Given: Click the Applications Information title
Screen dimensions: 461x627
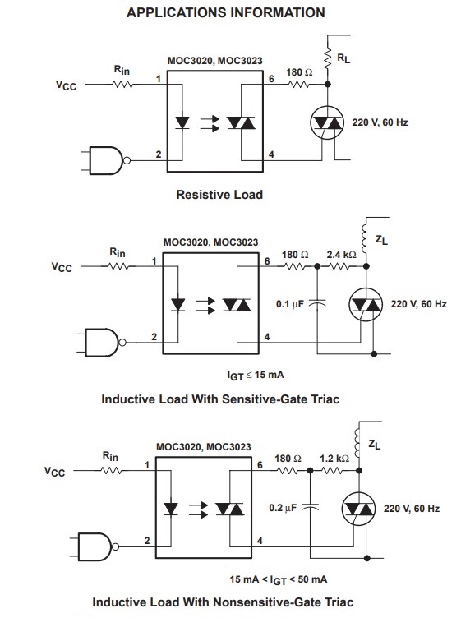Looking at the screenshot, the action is (225, 13).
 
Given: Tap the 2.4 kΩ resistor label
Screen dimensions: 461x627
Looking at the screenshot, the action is (341, 255).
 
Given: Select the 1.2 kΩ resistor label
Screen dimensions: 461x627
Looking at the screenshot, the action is (334, 459).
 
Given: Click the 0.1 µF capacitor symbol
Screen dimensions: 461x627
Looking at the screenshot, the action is (317, 305).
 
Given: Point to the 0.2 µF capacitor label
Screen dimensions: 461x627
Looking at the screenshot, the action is (283, 508).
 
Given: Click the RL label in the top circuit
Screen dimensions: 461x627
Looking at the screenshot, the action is (343, 58).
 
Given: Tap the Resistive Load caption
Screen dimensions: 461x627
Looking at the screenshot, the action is (219, 195).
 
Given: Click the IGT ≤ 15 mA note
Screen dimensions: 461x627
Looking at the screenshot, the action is (256, 375).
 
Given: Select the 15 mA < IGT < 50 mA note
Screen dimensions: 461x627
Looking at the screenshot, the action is (279, 579).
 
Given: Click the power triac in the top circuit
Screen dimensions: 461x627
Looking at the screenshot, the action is (327, 122).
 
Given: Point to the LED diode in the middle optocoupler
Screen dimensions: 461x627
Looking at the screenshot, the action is (177, 305).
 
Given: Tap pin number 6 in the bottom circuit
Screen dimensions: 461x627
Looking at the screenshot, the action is (260, 465).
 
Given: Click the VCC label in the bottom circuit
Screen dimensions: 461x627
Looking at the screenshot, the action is (54, 472).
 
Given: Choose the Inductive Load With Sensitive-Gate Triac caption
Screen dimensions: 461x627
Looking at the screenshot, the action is (220, 399).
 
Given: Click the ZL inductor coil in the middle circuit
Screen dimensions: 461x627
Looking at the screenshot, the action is (364, 237).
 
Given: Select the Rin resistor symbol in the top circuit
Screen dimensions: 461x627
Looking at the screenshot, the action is (122, 85).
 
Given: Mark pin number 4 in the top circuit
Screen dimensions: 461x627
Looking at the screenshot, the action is (271, 154).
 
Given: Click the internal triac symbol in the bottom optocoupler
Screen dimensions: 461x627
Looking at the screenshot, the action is (230, 509).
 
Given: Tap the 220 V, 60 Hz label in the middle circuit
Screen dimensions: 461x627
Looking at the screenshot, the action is (418, 304).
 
